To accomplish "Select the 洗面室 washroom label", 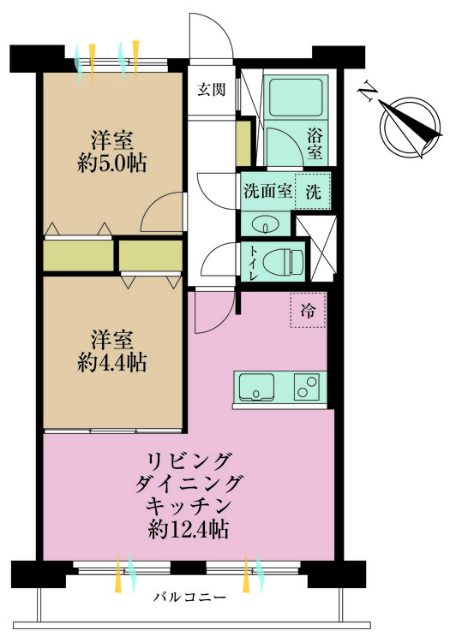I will (267, 192).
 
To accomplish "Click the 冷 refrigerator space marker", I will (309, 311).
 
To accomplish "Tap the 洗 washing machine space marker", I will (314, 192).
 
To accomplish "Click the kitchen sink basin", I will (255, 388).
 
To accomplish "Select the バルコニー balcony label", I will (190, 597).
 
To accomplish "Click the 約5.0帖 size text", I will (111, 164).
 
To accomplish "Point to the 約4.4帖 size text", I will (111, 361).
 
